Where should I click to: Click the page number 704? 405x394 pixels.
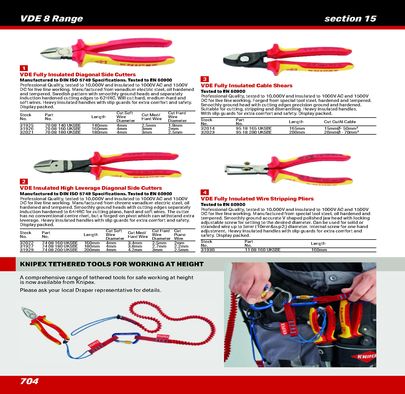[29, 381]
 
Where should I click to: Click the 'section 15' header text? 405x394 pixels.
[350, 18]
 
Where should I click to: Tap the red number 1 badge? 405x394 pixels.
[24, 68]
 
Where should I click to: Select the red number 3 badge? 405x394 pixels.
[205, 79]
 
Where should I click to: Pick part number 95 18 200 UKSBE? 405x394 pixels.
[254, 132]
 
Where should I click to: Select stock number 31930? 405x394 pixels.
[208, 250]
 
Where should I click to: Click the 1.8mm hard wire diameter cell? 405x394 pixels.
[175, 125]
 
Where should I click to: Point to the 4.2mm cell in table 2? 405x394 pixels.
[135, 250]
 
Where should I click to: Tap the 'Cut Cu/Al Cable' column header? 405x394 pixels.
[340, 122]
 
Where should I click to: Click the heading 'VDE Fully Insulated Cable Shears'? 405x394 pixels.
[246, 86]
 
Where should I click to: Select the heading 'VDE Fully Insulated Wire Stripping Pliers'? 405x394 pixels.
[257, 199]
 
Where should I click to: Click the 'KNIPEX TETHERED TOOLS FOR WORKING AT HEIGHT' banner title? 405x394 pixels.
[112, 264]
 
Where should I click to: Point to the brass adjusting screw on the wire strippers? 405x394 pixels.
[247, 164]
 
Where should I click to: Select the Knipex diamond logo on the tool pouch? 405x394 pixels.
[364, 357]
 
